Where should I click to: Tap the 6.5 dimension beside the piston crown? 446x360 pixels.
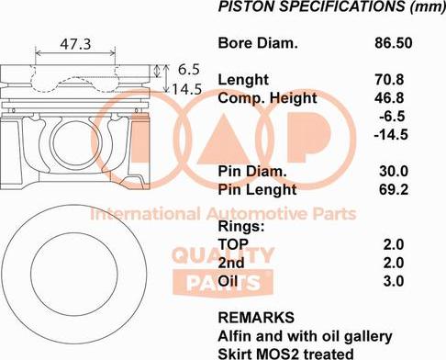click(188, 69)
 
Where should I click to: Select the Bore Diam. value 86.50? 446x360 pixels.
click(394, 43)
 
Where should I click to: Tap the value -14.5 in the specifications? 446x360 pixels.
click(391, 135)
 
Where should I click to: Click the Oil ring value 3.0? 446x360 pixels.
click(394, 281)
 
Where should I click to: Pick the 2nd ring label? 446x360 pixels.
click(231, 263)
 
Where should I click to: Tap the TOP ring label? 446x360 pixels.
click(235, 244)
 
